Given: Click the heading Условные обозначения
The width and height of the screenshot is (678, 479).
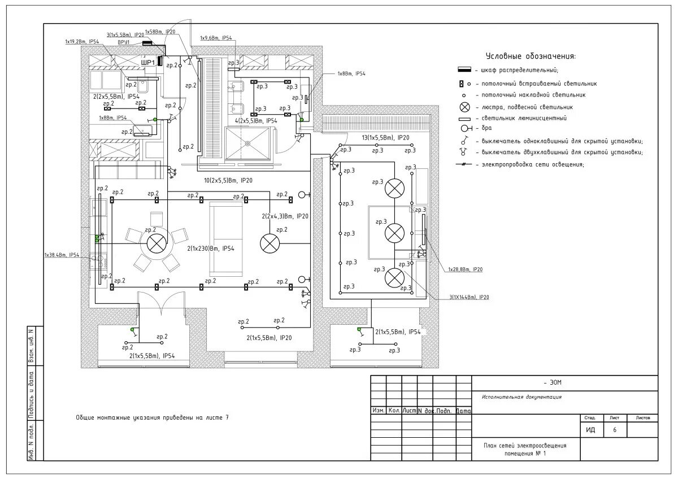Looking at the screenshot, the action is coord(531,56).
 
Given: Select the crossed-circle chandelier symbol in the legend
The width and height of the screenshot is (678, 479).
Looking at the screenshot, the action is coord(464,107).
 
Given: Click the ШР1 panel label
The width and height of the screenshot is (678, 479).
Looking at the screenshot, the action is coord(147,62).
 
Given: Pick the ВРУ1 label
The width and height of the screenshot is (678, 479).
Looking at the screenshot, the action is coord(124,42).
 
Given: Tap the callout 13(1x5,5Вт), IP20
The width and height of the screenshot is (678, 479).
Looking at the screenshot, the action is coord(385,137).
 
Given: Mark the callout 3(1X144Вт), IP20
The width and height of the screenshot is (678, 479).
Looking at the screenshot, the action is coord(470,297).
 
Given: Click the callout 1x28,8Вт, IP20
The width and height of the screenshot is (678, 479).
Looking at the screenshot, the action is coord(466,269).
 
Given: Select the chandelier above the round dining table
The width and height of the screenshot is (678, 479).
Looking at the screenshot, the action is coord(155,243).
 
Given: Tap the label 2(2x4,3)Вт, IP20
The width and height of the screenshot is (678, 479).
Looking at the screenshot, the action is coord(285,216).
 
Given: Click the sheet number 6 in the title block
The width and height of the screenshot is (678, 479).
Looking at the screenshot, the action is coord(615,430).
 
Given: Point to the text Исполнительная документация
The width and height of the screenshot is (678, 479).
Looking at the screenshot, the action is coord(521,397).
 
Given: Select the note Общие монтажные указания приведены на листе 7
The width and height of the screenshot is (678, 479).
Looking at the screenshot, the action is coord(153,417).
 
